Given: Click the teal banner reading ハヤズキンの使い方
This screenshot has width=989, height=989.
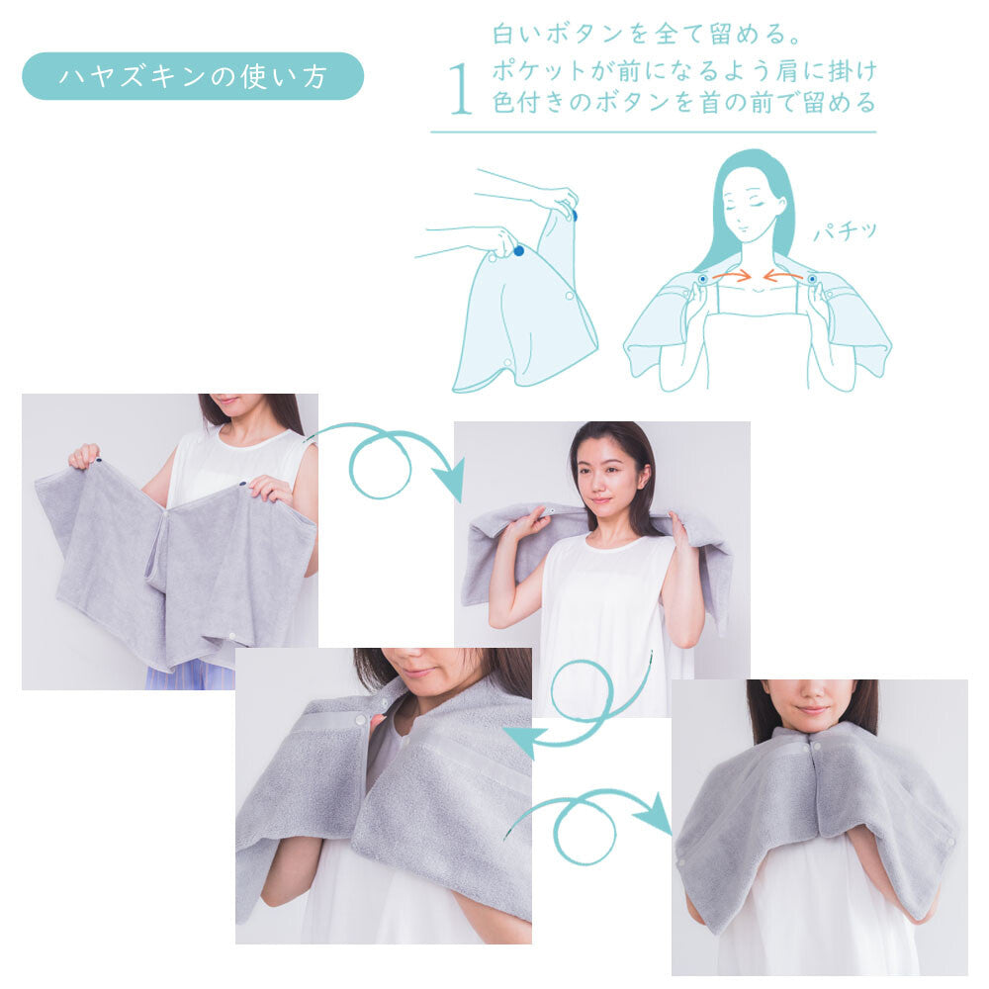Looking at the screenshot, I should (193, 76).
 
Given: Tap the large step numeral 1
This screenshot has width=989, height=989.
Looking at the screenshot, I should (460, 91).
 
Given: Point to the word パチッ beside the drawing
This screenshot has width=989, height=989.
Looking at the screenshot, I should (845, 233).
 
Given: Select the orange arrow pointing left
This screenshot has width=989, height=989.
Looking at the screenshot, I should (783, 277).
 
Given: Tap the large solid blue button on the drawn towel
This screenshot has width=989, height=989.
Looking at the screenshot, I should (518, 251).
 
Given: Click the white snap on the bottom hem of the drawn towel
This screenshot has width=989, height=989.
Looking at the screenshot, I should (509, 363).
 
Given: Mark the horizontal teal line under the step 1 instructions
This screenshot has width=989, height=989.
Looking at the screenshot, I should (653, 132).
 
